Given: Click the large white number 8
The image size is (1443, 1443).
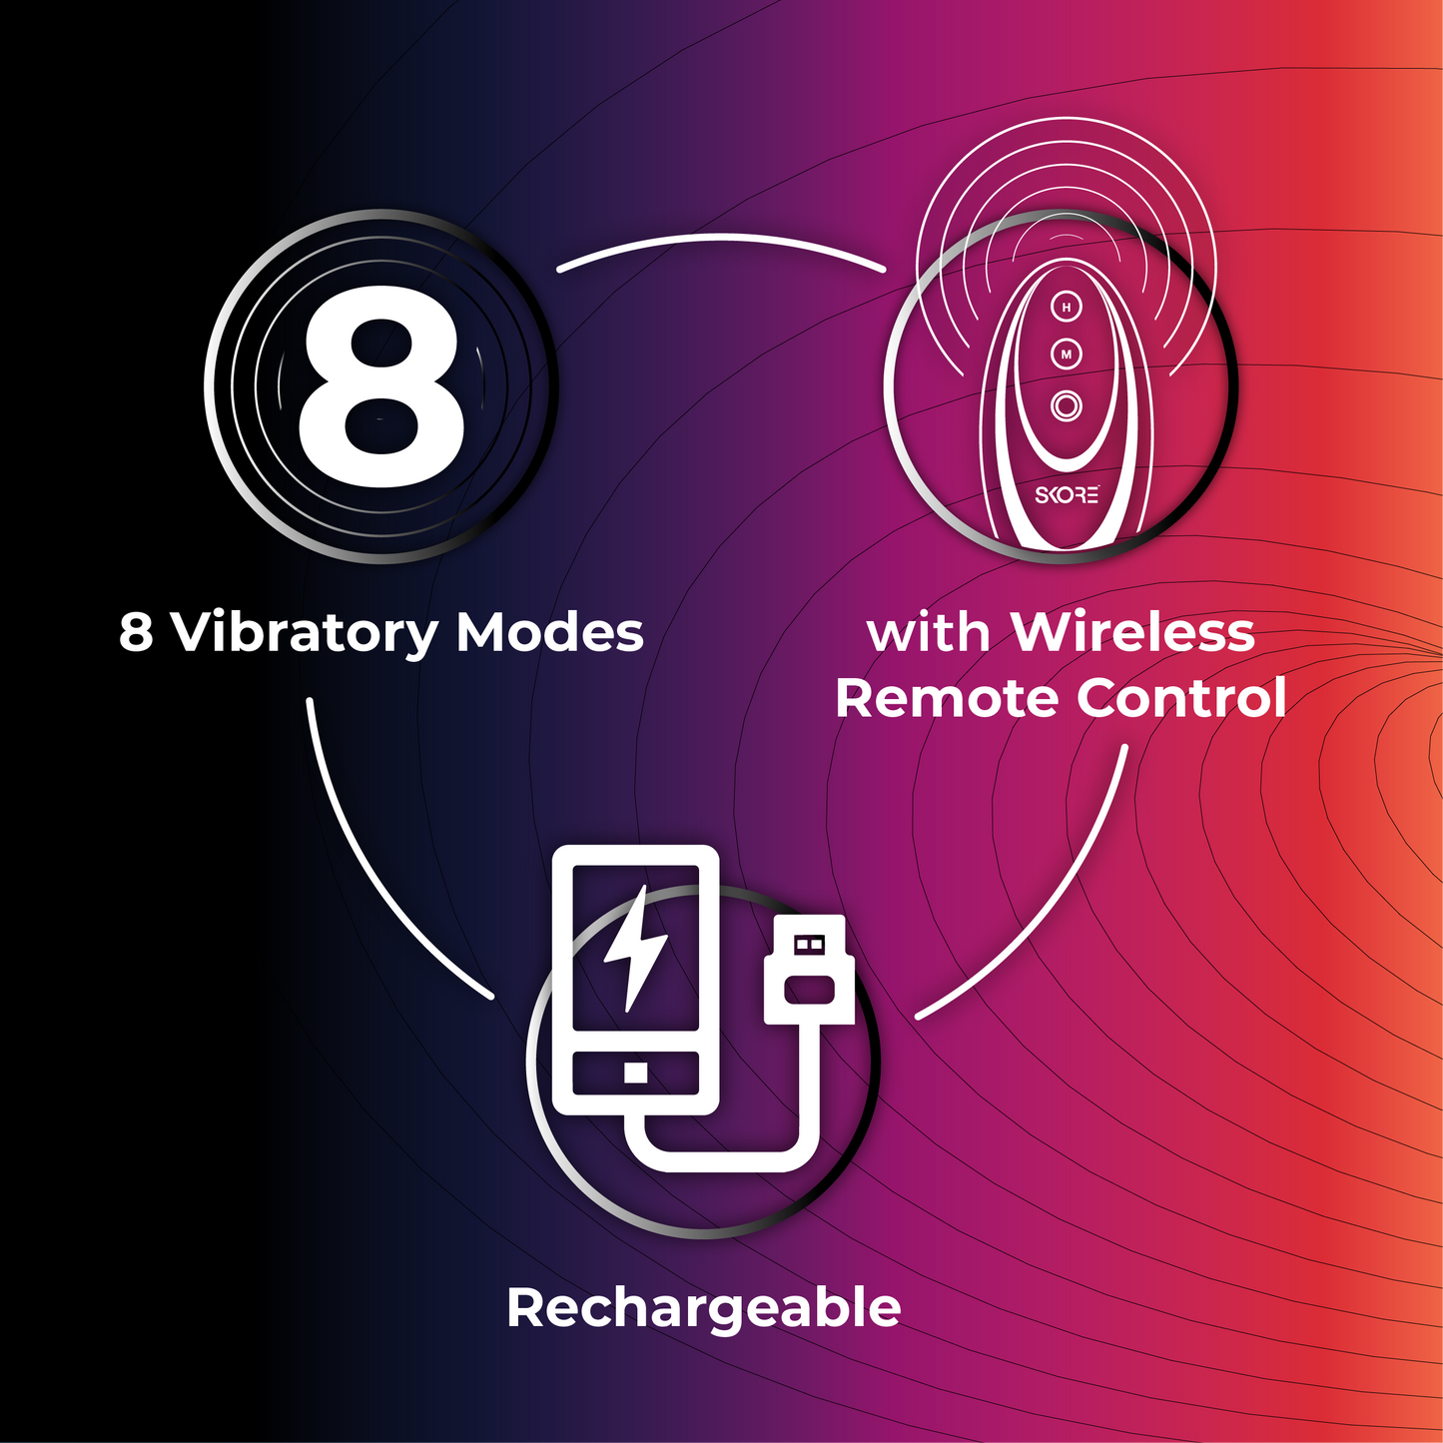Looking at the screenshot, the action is [x=381, y=385].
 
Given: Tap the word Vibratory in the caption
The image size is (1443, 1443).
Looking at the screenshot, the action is [x=306, y=633].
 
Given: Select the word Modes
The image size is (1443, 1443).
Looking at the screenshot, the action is [x=549, y=633].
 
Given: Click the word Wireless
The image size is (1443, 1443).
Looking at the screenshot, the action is [x=1132, y=633].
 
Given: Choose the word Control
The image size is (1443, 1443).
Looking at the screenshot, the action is [x=1181, y=697].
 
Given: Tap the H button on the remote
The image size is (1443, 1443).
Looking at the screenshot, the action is [x=1068, y=307].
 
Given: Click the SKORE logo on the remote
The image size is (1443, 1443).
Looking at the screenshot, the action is [x=1068, y=495].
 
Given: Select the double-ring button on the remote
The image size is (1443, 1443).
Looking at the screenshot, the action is [x=1067, y=406].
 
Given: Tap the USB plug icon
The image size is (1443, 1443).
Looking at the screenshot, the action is [x=809, y=969].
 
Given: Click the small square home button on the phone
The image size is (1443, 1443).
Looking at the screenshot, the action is [x=636, y=1073].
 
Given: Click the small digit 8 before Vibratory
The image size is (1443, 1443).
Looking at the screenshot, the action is [x=136, y=633].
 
